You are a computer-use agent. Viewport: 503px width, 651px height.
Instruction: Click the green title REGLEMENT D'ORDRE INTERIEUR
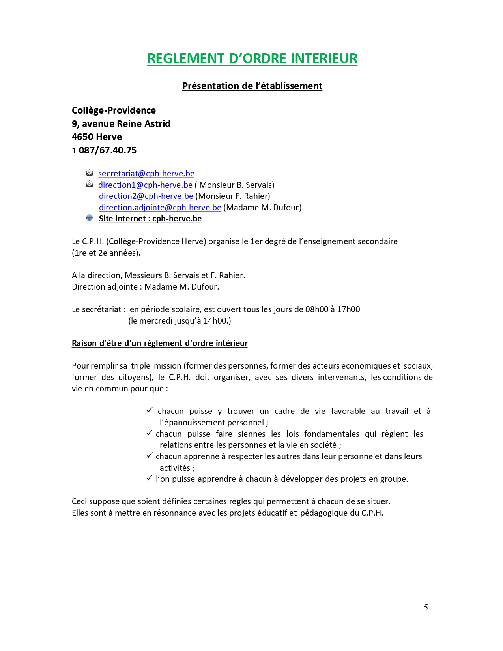pyautogui.click(x=252, y=58)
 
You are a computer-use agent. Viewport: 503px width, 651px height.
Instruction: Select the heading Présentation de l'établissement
pyautogui.click(x=252, y=86)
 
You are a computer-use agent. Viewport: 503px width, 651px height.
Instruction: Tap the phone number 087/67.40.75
pyautogui.click(x=108, y=150)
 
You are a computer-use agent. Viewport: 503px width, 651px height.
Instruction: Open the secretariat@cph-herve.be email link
pyautogui.click(x=146, y=174)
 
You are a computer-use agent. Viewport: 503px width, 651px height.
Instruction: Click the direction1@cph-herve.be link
pyautogui.click(x=145, y=185)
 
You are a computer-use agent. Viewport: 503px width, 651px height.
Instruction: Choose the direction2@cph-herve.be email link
pyautogui.click(x=146, y=196)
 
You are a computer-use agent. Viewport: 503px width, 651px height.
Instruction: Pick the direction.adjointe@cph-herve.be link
pyautogui.click(x=160, y=208)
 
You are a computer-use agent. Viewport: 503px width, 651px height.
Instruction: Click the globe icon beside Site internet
pyautogui.click(x=90, y=218)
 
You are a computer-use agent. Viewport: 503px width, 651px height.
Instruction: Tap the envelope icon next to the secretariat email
pyautogui.click(x=90, y=173)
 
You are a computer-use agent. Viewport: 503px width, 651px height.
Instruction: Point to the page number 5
pyautogui.click(x=426, y=608)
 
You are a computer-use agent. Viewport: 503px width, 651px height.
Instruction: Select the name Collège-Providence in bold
pyautogui.click(x=114, y=110)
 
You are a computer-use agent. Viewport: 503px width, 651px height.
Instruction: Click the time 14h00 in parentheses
pyautogui.click(x=215, y=321)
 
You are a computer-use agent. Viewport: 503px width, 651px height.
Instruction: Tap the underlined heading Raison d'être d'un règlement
pyautogui.click(x=159, y=343)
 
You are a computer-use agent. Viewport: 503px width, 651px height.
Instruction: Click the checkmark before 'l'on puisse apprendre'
pyautogui.click(x=150, y=478)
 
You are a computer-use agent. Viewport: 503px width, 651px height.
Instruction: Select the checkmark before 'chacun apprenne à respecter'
pyautogui.click(x=150, y=456)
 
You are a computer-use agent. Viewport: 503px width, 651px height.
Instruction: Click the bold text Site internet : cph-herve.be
pyautogui.click(x=150, y=219)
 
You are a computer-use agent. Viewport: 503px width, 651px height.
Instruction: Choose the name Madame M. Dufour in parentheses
pyautogui.click(x=262, y=208)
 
